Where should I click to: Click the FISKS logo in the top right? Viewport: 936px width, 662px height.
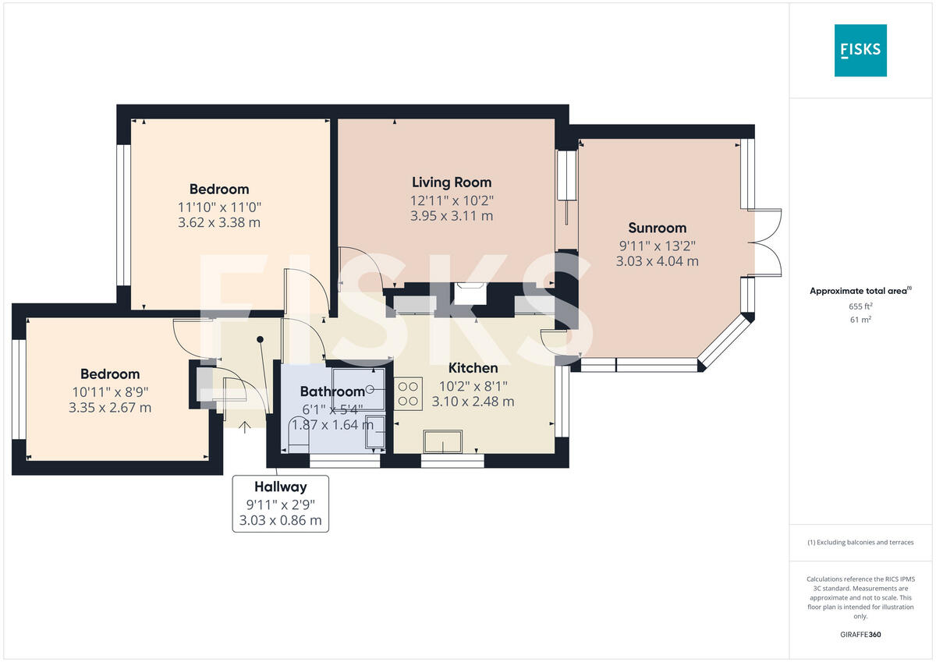[860, 50]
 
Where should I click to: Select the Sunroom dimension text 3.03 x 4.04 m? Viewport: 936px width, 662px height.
[658, 261]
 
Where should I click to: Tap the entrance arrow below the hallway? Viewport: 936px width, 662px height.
[244, 426]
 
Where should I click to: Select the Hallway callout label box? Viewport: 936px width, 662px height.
[281, 504]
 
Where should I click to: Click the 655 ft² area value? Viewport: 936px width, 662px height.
[860, 306]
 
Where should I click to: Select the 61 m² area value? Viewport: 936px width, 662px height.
[860, 319]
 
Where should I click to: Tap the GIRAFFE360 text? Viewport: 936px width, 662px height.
[860, 635]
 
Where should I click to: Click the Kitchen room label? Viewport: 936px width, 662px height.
[473, 368]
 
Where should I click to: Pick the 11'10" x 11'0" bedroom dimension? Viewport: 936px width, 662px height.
[219, 207]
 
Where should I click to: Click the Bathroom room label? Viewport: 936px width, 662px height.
[332, 391]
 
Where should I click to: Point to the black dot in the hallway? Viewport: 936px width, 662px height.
[261, 339]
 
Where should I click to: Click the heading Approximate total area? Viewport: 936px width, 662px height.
[859, 291]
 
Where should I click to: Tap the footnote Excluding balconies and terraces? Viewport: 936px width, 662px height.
[860, 542]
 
